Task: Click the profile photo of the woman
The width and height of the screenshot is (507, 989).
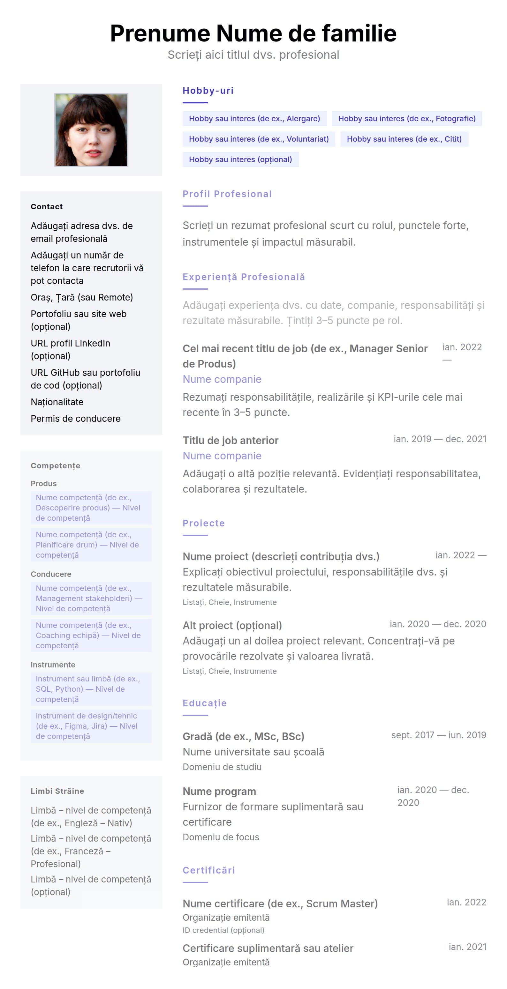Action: click(91, 130)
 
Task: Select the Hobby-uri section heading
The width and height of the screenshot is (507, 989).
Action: click(208, 91)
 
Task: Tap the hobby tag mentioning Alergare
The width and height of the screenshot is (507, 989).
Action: click(254, 119)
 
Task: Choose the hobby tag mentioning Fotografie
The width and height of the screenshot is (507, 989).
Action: click(406, 119)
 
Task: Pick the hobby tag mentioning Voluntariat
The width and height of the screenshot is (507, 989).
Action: click(259, 139)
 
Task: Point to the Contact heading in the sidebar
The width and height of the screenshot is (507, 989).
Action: click(47, 206)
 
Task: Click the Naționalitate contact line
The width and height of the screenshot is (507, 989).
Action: click(57, 402)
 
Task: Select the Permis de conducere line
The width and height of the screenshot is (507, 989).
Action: click(75, 419)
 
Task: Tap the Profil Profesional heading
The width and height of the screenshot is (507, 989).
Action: click(227, 194)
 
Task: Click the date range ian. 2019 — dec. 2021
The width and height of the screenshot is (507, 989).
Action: click(439, 439)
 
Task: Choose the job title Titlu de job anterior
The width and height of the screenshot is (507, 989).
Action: click(231, 440)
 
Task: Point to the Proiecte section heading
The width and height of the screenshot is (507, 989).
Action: click(204, 523)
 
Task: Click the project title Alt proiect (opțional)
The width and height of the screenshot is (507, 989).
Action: click(232, 625)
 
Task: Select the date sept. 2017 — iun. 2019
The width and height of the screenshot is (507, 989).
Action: click(438, 735)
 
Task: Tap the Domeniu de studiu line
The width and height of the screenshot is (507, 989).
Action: click(222, 767)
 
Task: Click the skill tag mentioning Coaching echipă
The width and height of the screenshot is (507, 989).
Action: click(91, 636)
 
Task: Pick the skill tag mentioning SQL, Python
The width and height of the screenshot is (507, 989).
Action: click(91, 689)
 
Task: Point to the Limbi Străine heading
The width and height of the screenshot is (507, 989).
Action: click(57, 791)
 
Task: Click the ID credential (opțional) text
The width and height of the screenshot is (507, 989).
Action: click(223, 930)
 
